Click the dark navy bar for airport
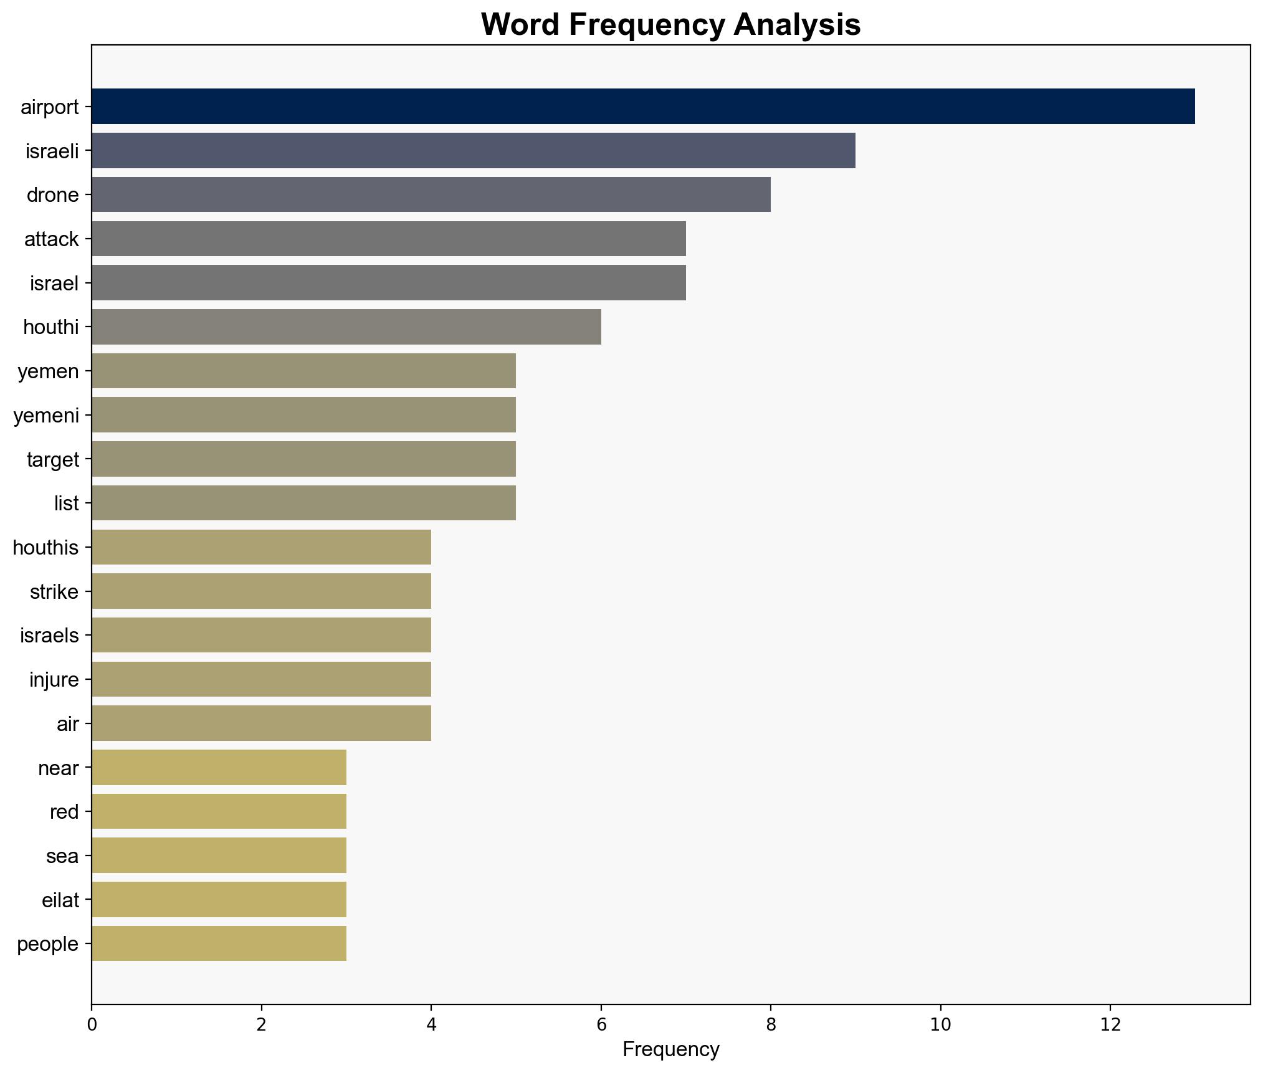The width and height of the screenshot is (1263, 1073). point(643,106)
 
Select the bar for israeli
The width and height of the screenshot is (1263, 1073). point(474,150)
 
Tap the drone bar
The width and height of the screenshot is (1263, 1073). point(431,194)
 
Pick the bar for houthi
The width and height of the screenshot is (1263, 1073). point(346,327)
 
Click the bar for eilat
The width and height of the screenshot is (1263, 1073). point(219,899)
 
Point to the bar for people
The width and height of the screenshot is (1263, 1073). point(219,943)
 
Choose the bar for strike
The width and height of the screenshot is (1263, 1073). point(261,591)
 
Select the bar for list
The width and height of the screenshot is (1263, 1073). point(303,503)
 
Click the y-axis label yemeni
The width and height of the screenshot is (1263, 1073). point(47,415)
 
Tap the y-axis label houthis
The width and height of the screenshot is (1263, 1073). point(46,548)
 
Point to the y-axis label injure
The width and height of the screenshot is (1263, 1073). point(54,679)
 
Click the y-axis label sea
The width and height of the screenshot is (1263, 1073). point(62,856)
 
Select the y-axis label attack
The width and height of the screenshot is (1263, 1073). point(52,239)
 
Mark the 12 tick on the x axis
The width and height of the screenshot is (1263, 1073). point(1110,1024)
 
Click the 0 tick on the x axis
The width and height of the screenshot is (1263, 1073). point(92,1024)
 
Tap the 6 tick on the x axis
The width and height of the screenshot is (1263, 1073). point(601,1024)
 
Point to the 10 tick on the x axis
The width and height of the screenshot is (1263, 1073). point(940,1024)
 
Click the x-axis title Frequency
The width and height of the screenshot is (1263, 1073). point(670,1050)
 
